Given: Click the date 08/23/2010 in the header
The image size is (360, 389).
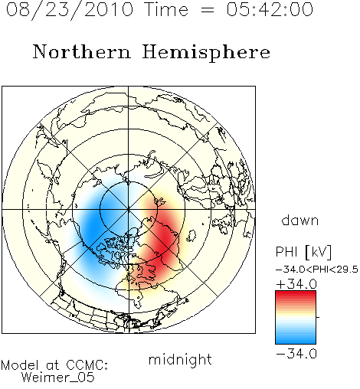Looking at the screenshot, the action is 70,10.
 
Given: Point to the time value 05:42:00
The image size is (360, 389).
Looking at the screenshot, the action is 270,9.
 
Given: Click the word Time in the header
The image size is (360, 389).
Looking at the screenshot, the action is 166,9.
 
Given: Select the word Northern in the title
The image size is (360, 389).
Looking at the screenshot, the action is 82,51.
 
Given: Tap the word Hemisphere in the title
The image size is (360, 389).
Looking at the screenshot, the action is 206,53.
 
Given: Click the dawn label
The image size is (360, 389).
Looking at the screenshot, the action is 300,220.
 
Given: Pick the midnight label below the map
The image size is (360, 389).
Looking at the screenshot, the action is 180,359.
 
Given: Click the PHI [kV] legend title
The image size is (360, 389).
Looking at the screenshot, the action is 303,252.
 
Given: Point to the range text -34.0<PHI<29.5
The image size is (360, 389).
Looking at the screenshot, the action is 317,270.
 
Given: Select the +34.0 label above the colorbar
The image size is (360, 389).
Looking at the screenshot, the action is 296,284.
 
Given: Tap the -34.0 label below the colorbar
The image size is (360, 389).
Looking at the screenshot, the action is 296,354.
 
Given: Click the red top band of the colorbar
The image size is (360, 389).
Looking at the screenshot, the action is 296,294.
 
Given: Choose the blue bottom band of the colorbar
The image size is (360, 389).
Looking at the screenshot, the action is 296,341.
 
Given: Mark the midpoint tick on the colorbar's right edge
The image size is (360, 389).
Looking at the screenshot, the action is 318,317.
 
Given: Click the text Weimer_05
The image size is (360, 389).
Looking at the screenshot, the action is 58,378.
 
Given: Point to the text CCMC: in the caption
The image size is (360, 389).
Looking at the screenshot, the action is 87,365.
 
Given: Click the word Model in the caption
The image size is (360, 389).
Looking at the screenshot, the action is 20,365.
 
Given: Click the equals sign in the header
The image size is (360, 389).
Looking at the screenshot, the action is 208,10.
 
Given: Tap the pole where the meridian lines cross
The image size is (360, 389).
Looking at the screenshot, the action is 129,209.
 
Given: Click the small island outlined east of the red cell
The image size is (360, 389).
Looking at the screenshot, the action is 191,236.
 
